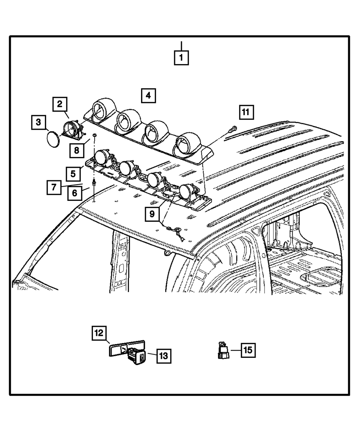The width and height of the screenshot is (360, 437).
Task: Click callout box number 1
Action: [181, 57]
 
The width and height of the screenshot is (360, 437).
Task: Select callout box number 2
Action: [60, 104]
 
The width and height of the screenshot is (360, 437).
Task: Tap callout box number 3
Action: [38, 123]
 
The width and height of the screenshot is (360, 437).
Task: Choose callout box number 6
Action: [75, 193]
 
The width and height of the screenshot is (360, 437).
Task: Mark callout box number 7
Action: [54, 187]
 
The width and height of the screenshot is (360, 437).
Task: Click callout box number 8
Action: [77, 149]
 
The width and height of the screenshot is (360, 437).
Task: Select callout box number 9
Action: [152, 214]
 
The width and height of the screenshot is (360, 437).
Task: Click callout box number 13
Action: [163, 356]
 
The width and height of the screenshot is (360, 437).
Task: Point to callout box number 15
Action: [248, 350]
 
